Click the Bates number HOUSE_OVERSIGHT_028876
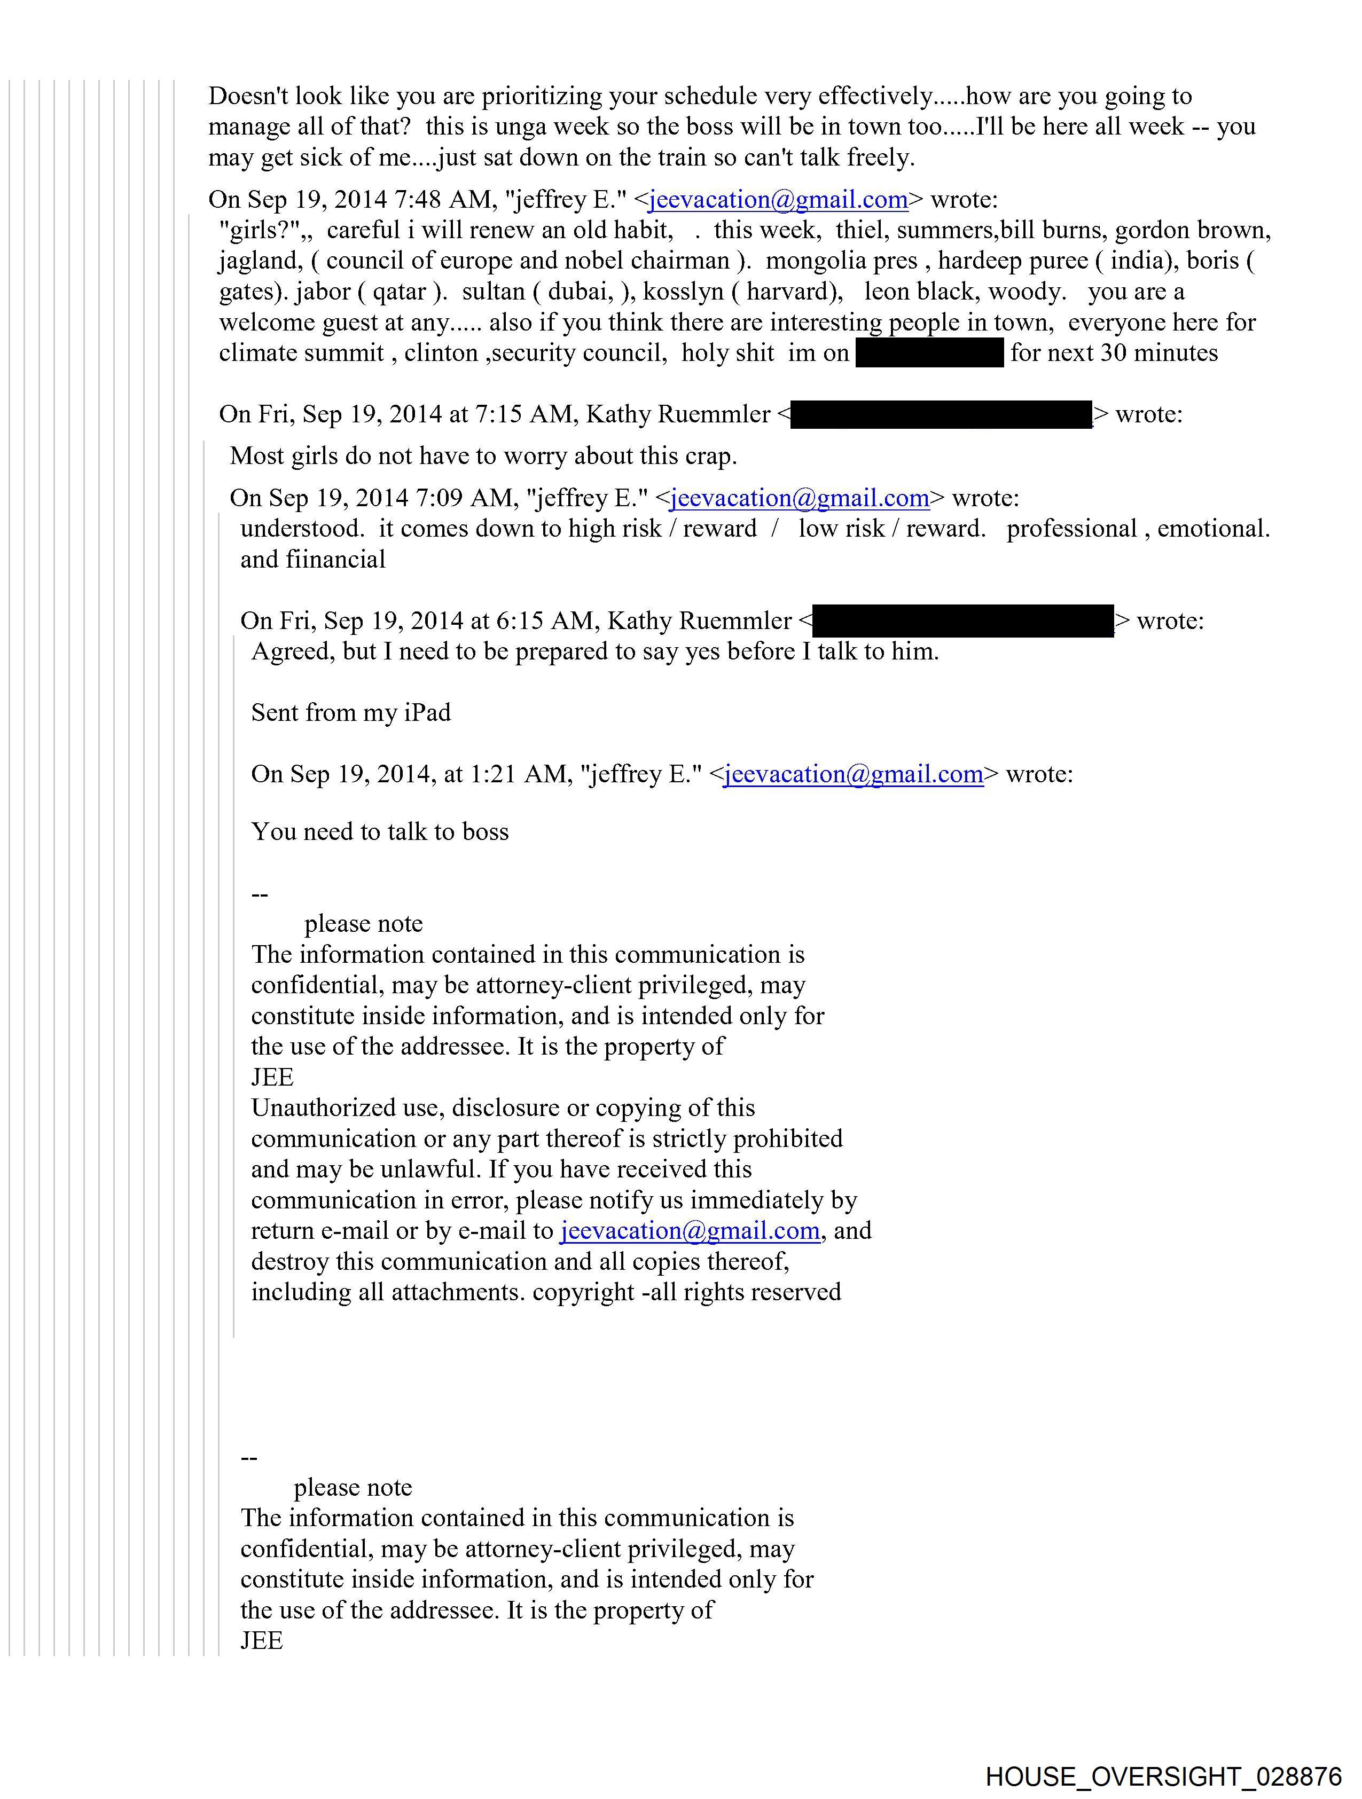tap(1163, 1776)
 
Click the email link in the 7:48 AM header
tap(778, 199)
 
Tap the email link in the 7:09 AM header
tap(799, 498)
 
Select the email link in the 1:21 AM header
tap(852, 773)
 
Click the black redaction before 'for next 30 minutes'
tap(929, 353)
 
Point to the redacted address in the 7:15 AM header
tap(941, 414)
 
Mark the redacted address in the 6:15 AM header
tap(962, 620)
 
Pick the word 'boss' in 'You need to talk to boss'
tap(486, 832)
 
